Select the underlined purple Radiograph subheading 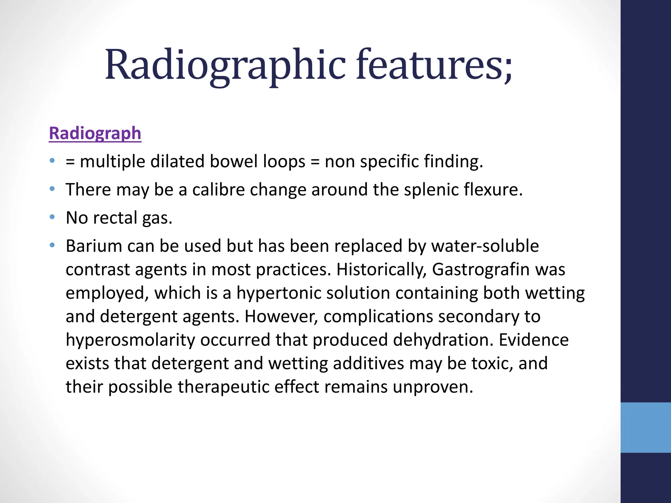click(x=95, y=133)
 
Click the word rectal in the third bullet click(x=114, y=218)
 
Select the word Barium click(x=94, y=246)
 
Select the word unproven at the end click(x=432, y=387)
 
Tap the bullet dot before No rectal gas click(x=52, y=217)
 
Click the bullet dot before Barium click(x=52, y=245)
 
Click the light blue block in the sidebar click(x=645, y=427)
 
